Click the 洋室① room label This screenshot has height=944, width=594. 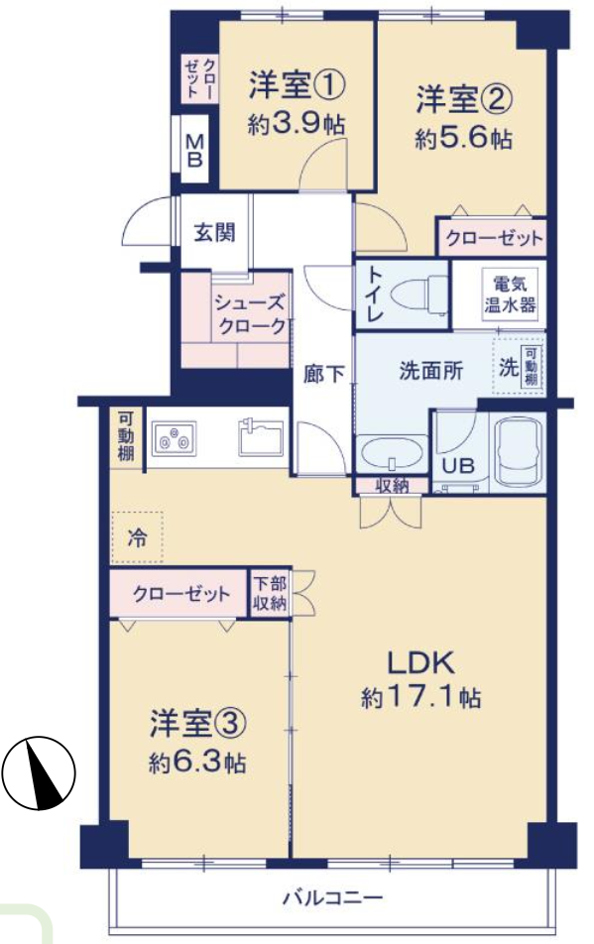(x=297, y=86)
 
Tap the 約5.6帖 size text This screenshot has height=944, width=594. (x=463, y=140)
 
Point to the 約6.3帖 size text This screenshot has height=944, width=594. (x=197, y=764)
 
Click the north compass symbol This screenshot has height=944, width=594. (x=39, y=773)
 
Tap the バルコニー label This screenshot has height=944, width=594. (x=332, y=898)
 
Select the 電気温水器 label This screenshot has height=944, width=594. (x=510, y=295)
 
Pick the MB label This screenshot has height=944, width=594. (x=194, y=151)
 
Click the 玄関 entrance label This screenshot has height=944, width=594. (x=214, y=232)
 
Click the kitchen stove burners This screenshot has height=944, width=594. (x=174, y=437)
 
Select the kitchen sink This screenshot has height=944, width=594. (x=261, y=437)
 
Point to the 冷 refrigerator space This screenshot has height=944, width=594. (x=137, y=537)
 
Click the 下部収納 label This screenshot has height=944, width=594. (x=270, y=593)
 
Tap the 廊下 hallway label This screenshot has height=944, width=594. (x=324, y=374)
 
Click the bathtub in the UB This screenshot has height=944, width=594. (x=518, y=451)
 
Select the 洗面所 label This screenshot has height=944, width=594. (x=431, y=370)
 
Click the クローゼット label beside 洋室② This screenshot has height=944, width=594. (x=494, y=239)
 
